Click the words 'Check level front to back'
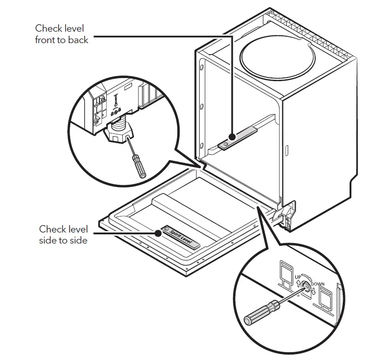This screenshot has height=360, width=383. pos(61,34)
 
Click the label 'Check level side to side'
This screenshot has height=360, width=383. pos(63,234)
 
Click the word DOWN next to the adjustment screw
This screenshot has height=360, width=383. pos(317,284)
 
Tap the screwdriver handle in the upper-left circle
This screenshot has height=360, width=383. pos(137,166)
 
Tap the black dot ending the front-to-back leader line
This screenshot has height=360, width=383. pos(233,137)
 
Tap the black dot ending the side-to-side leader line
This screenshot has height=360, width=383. pos(159,233)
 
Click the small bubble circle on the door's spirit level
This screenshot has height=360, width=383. pos(167,229)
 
